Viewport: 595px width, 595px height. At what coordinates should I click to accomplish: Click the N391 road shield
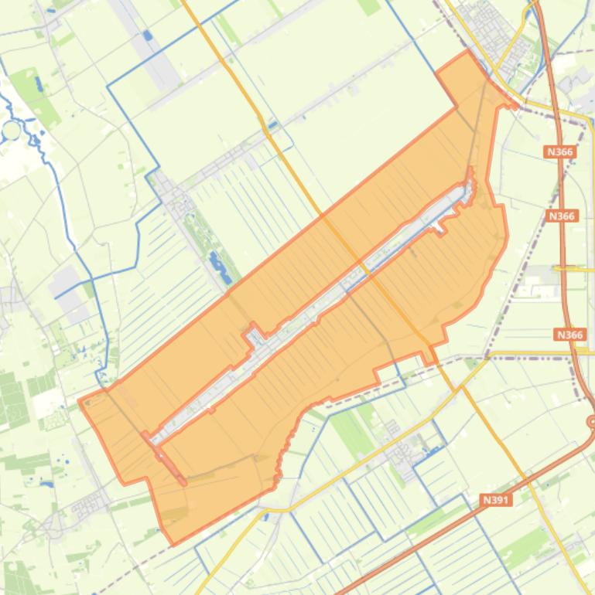[496, 500]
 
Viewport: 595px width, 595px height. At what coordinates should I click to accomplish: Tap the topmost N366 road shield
[559, 152]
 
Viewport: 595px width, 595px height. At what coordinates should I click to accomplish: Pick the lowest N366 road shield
[570, 335]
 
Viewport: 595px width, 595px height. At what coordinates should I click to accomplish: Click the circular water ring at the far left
[12, 130]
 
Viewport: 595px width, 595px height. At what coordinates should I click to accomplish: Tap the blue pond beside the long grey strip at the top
[147, 35]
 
